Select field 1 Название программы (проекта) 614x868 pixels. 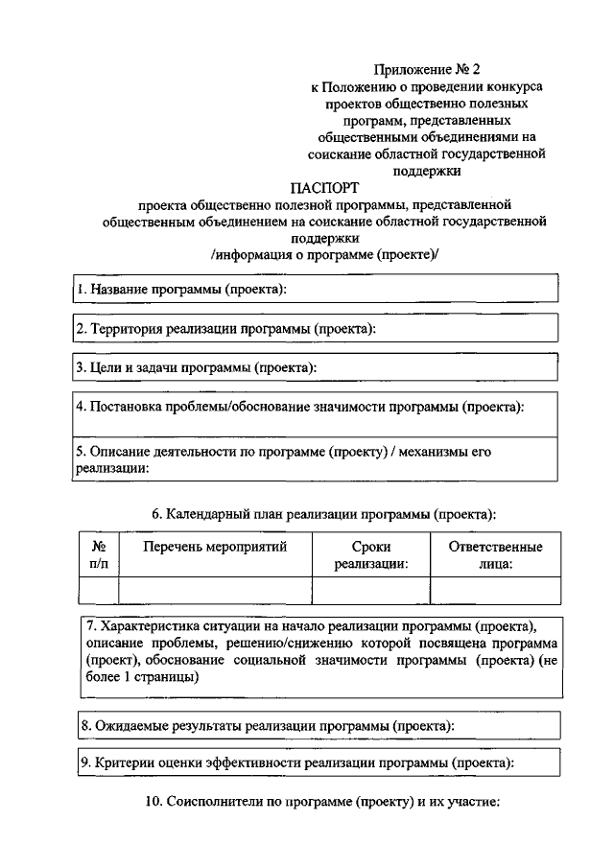[x=316, y=289]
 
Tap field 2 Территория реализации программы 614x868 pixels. [x=316, y=329]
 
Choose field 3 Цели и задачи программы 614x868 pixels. [x=316, y=367]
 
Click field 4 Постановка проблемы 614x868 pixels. [x=316, y=408]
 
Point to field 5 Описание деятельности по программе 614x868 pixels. [x=316, y=458]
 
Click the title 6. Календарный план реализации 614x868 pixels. [x=323, y=514]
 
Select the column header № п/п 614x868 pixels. [x=98, y=555]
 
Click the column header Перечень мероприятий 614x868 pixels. [x=215, y=548]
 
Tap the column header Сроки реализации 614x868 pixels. [x=371, y=555]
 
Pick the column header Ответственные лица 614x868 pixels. [x=495, y=555]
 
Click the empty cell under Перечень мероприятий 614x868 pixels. [x=215, y=590]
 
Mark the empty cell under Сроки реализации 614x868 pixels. [x=371, y=590]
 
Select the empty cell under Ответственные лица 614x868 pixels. [x=495, y=590]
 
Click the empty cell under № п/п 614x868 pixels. [x=98, y=590]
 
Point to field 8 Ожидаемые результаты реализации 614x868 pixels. [x=316, y=726]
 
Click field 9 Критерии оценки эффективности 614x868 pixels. [x=316, y=763]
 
